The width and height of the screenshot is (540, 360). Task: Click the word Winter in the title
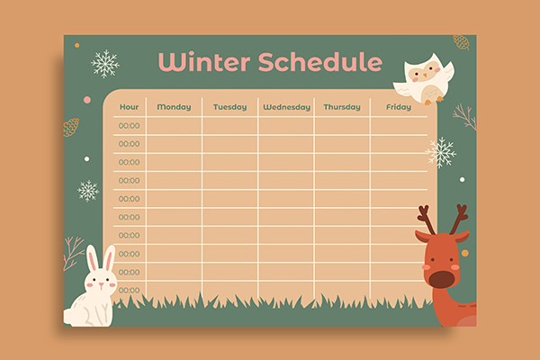click(204, 62)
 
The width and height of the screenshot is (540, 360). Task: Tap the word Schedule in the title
click(320, 62)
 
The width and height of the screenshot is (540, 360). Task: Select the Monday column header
click(174, 107)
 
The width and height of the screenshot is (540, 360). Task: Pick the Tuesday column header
click(230, 107)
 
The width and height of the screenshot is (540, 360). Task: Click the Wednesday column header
click(286, 107)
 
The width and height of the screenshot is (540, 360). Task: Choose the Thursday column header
click(342, 107)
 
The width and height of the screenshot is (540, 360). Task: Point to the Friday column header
click(399, 107)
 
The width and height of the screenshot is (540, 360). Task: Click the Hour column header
click(129, 107)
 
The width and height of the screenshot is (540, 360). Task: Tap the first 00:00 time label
click(129, 126)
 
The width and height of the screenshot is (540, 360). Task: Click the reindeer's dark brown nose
click(441, 279)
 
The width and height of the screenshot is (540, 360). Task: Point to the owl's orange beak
click(425, 75)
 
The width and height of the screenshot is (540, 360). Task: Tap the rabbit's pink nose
click(101, 284)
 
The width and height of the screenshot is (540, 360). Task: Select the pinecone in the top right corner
click(461, 41)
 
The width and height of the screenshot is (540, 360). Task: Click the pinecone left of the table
click(71, 127)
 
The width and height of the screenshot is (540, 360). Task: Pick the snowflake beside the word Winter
click(105, 64)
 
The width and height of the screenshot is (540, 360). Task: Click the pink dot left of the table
click(87, 100)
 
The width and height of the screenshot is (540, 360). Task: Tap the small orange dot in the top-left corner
click(77, 46)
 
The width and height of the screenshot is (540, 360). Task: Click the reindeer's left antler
click(426, 219)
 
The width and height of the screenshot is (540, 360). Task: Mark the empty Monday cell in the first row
click(174, 126)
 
